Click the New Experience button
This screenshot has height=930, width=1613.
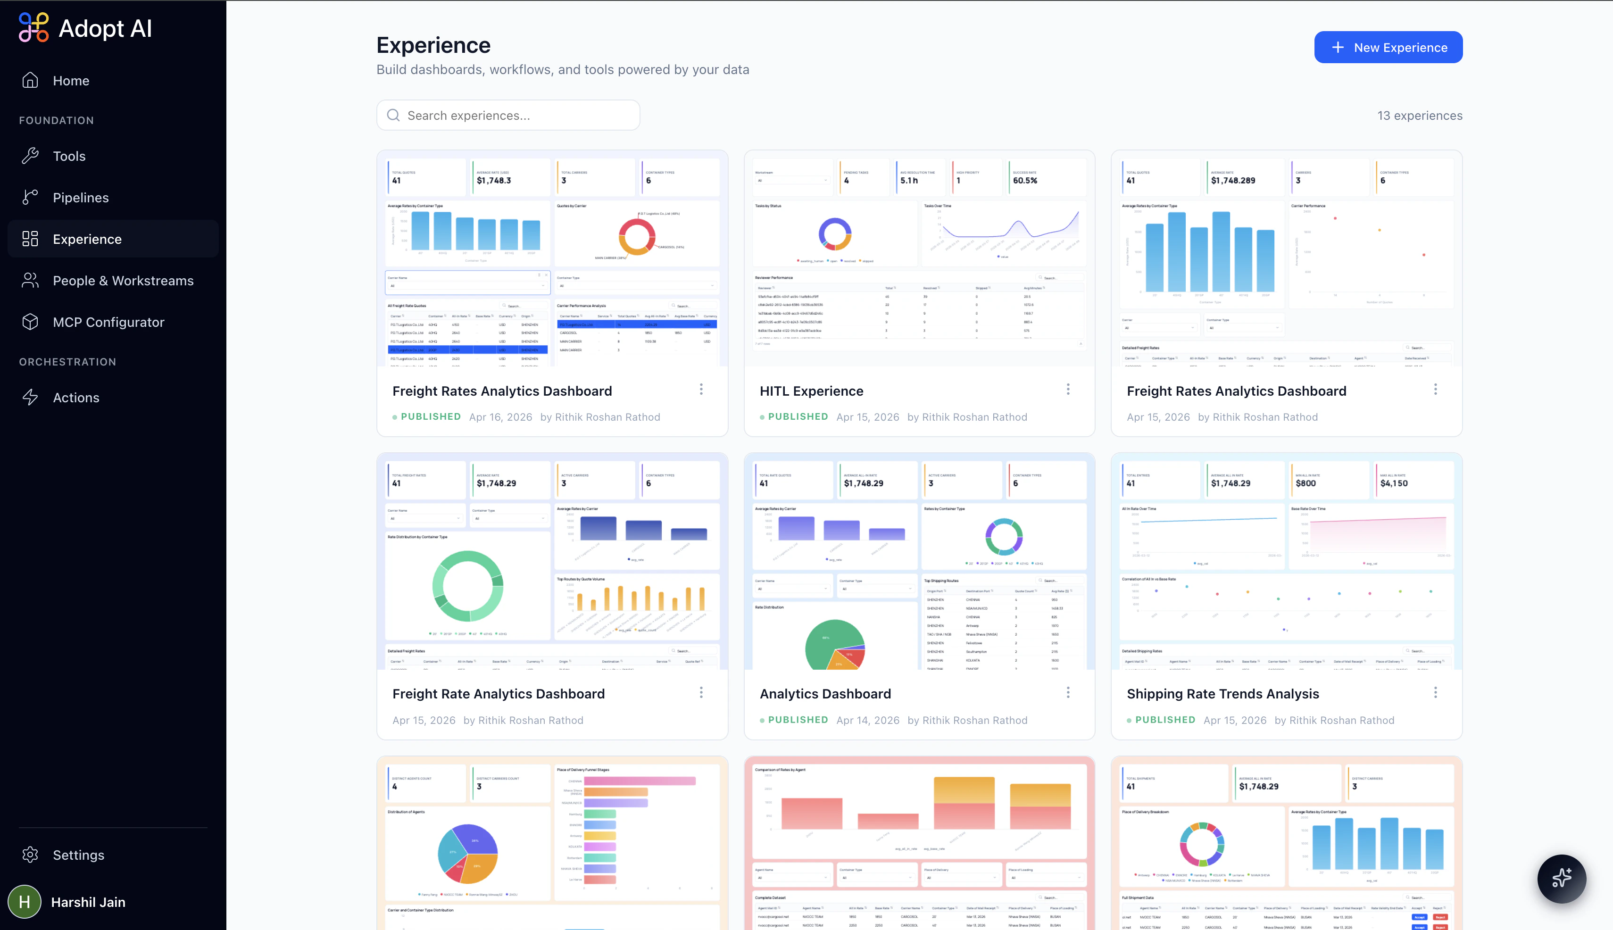pyautogui.click(x=1388, y=47)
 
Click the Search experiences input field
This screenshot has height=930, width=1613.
pyautogui.click(x=508, y=116)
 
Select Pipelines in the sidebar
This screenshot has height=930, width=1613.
pyautogui.click(x=81, y=198)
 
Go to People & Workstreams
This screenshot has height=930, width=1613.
pyautogui.click(x=123, y=281)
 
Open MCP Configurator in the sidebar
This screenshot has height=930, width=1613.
pyautogui.click(x=108, y=322)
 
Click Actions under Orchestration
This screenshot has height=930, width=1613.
pyautogui.click(x=75, y=397)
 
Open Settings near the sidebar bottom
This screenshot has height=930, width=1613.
pyautogui.click(x=78, y=855)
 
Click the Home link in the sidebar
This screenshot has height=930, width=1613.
pyautogui.click(x=70, y=81)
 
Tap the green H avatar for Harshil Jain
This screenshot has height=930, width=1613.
pyautogui.click(x=24, y=901)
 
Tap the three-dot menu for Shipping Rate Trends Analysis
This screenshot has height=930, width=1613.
pyautogui.click(x=1435, y=692)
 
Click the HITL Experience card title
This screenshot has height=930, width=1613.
pyautogui.click(x=811, y=391)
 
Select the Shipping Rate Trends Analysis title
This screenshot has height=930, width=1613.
pyautogui.click(x=1222, y=694)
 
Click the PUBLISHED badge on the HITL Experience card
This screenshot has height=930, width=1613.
pyautogui.click(x=797, y=416)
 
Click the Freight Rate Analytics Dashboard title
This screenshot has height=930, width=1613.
pyautogui.click(x=498, y=694)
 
